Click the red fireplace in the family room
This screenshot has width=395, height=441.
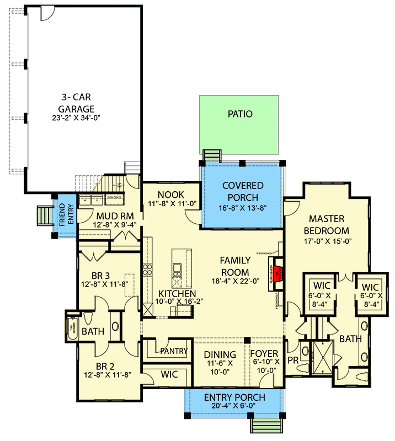click(x=279, y=272)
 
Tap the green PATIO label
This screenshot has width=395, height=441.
click(x=240, y=115)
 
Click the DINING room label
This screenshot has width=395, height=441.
click(x=220, y=354)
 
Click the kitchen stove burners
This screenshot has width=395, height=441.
click(x=148, y=270)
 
